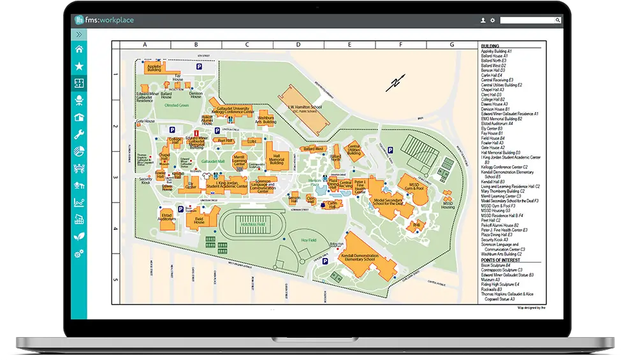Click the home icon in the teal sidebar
click(79, 49)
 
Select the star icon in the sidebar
click(79, 66)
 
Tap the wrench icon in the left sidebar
click(79, 134)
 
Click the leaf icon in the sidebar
click(79, 236)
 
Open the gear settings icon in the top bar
click(492, 20)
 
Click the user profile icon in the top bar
click(483, 20)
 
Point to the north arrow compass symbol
click(396, 83)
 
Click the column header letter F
click(400, 45)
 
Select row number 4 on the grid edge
click(116, 229)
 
